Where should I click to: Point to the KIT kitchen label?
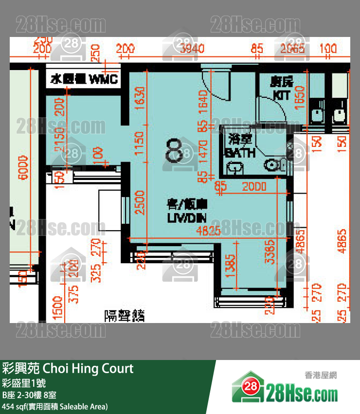coord(281,89)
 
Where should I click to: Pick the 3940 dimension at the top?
coord(192,48)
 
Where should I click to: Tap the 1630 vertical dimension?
coord(141,99)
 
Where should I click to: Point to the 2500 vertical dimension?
coord(140,203)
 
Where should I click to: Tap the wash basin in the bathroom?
coord(235,168)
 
